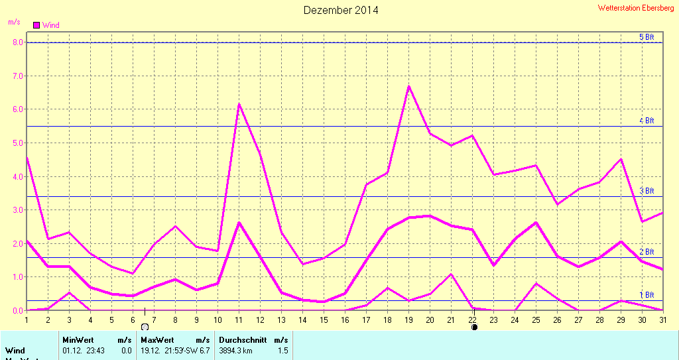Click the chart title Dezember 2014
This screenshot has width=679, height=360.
pyautogui.click(x=341, y=10)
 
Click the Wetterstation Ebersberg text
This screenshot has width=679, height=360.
pyautogui.click(x=636, y=8)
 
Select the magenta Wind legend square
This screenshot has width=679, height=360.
pyautogui.click(x=36, y=25)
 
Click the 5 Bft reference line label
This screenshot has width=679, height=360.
pyautogui.click(x=647, y=37)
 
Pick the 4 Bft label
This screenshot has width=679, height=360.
pyautogui.click(x=647, y=121)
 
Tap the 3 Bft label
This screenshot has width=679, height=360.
pyautogui.click(x=647, y=191)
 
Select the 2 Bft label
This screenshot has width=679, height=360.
pyautogui.click(x=647, y=252)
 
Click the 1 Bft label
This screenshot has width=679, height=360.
pyautogui.click(x=647, y=295)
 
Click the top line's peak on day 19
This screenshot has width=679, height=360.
pyautogui.click(x=409, y=86)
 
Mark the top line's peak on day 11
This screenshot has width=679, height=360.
pyautogui.click(x=239, y=104)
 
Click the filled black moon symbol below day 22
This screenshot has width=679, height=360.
pyautogui.click(x=474, y=327)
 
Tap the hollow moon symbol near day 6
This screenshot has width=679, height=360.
pyautogui.click(x=145, y=327)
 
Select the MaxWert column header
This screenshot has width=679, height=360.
pyautogui.click(x=156, y=339)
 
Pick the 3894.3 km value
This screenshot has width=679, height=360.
pyautogui.click(x=236, y=350)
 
